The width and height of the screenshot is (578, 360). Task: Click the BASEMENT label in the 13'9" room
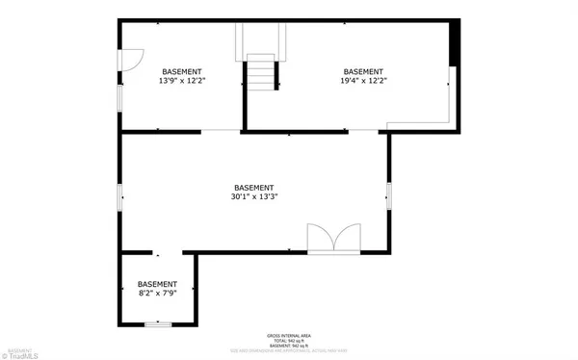[x=182, y=72]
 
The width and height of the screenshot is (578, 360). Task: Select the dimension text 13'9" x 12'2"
[x=182, y=82]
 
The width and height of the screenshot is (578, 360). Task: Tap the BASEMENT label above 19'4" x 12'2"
[x=363, y=72]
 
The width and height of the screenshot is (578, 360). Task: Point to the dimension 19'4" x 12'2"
[x=363, y=82]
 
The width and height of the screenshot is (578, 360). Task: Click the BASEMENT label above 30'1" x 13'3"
[x=253, y=188]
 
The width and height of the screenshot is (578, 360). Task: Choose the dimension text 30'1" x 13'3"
[x=253, y=197]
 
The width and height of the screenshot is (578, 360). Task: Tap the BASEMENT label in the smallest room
[x=157, y=284]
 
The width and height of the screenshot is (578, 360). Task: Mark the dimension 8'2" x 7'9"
[x=157, y=294]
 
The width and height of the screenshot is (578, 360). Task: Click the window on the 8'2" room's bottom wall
[x=157, y=325]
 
